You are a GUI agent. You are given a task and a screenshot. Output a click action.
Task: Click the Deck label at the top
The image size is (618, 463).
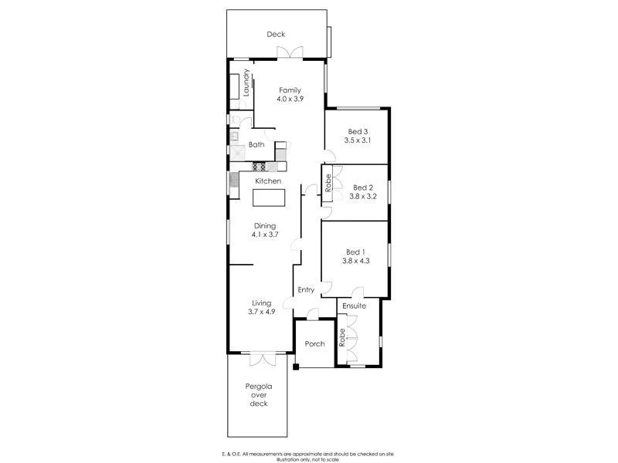click(x=276, y=34)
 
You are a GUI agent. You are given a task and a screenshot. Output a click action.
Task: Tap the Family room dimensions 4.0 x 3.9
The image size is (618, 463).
click(x=290, y=100)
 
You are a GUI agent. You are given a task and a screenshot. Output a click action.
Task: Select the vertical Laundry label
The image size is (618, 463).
click(x=247, y=83)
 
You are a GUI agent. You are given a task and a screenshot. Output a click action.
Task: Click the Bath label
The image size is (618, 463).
click(x=256, y=145)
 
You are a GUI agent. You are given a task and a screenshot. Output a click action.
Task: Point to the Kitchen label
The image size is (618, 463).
click(x=268, y=181)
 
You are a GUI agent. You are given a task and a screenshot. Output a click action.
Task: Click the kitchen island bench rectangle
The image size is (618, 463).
click(x=267, y=198)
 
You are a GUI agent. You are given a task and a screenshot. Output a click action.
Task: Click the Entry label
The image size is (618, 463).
click(x=306, y=290)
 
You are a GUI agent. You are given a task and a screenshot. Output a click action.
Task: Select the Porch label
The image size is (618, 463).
click(x=314, y=344)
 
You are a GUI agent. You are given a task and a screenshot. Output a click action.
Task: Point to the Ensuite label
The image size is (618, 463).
click(x=354, y=307)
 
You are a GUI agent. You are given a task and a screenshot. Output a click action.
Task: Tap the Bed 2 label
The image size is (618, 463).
click(x=363, y=188)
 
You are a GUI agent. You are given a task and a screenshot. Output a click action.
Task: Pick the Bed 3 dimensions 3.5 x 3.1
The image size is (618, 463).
click(x=358, y=140)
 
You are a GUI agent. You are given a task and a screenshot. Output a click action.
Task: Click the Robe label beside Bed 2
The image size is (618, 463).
click(x=328, y=184)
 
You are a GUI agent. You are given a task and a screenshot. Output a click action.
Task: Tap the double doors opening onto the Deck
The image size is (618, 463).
click(x=290, y=52)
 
